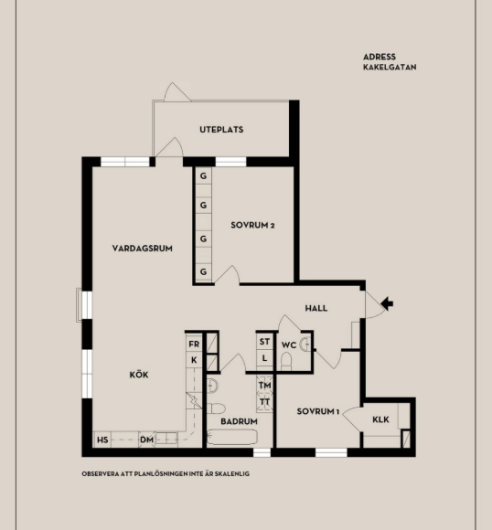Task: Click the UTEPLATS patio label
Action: pos(221,130)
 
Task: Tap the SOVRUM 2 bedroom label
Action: pos(252,225)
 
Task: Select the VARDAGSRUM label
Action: pos(142,249)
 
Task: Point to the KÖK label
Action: pos(139,375)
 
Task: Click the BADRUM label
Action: pos(239,421)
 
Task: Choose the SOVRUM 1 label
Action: pos(317,411)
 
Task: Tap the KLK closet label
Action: pos(380,419)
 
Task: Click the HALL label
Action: pos(316,308)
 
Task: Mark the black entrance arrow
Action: pos(387,303)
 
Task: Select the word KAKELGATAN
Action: pos(390,67)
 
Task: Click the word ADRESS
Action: pos(380,57)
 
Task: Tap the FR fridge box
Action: pos(194,344)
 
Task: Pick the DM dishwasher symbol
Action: pos(147,440)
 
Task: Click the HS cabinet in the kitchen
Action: pos(102,440)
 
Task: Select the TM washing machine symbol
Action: pos(264,386)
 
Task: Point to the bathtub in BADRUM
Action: pos(232,437)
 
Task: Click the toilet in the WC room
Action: pos(286,361)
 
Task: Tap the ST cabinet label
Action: pos(264,342)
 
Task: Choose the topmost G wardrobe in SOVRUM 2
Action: pos(203,176)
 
